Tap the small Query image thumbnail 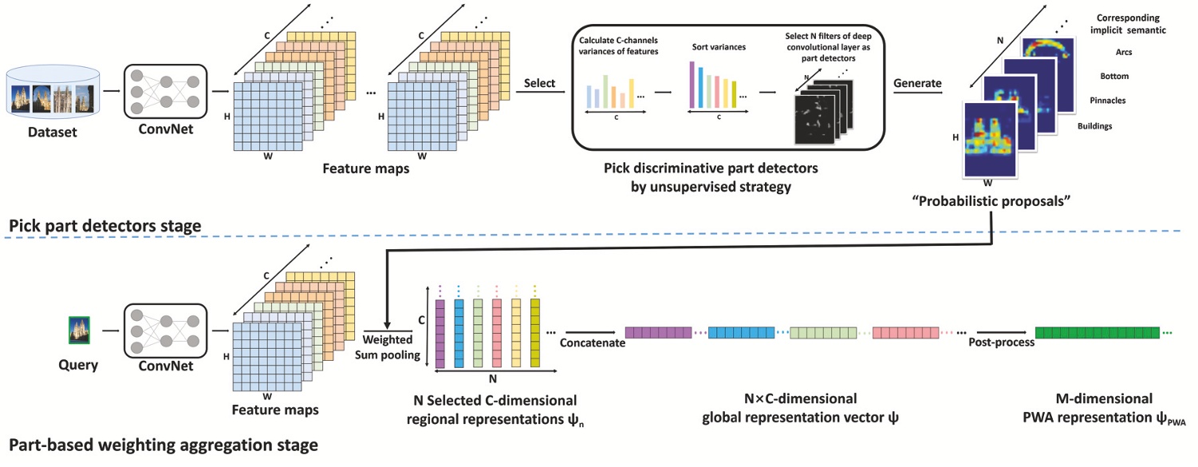[x=78, y=329]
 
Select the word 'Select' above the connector [x=540, y=83]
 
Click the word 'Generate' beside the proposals [x=917, y=83]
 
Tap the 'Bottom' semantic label [x=1120, y=77]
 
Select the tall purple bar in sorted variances [x=692, y=85]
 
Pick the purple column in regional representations [x=439, y=331]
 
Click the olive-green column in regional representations [x=535, y=331]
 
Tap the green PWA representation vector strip [x=1099, y=333]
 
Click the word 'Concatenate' [x=591, y=344]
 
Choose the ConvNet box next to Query [x=166, y=330]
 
